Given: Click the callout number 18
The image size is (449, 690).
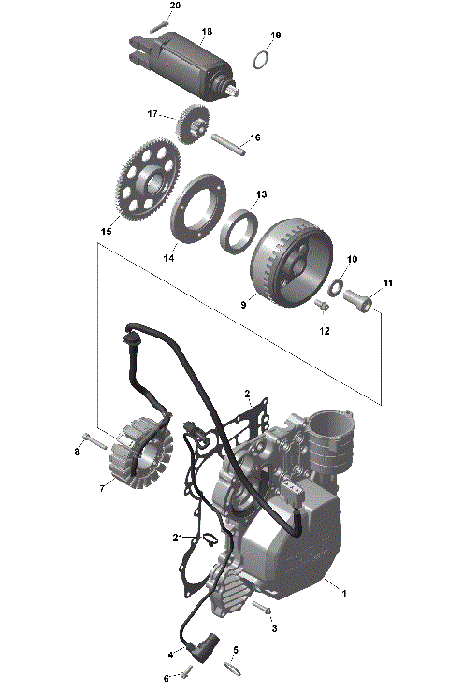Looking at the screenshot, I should pyautogui.click(x=207, y=32).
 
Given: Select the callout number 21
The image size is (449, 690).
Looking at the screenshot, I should pyautogui.click(x=178, y=537).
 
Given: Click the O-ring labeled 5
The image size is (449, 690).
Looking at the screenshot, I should pyautogui.click(x=232, y=668).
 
